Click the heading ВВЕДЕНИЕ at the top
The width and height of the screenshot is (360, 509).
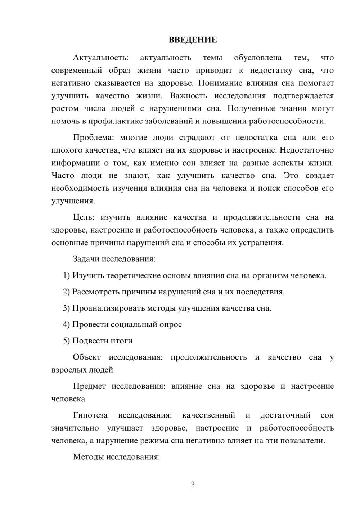(193, 40)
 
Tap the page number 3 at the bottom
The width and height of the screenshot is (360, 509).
(193, 485)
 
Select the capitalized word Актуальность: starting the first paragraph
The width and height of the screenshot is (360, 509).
(100, 58)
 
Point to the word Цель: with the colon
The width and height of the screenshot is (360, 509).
(84, 217)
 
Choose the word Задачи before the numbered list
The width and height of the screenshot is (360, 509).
(86, 259)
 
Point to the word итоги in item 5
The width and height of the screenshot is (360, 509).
(121, 341)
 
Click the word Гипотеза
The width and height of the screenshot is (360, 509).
(90, 415)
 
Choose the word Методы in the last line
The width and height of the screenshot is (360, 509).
(87, 457)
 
